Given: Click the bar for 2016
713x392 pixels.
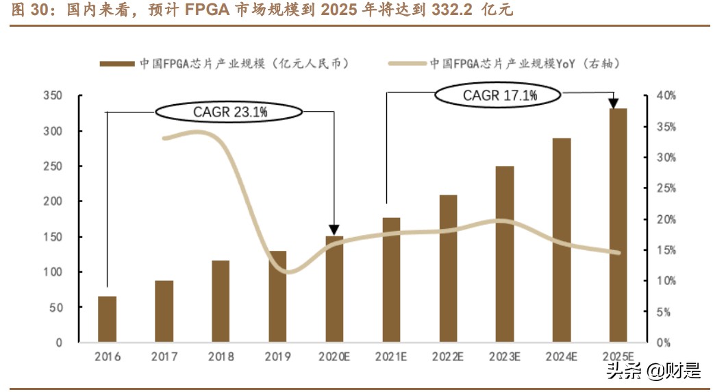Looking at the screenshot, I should pyautogui.click(x=108, y=319).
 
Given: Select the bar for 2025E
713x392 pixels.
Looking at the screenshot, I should pyautogui.click(x=618, y=225).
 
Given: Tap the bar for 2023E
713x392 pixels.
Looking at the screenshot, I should pyautogui.click(x=505, y=254).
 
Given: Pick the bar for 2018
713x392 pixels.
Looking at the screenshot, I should pyautogui.click(x=221, y=302).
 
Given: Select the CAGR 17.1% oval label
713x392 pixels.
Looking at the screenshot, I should pyautogui.click(x=499, y=96).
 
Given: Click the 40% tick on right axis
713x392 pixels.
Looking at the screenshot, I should pyautogui.click(x=664, y=96).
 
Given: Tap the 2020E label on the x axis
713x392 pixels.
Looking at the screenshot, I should pyautogui.click(x=335, y=357).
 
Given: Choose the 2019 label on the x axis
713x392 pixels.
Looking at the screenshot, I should pyautogui.click(x=277, y=357).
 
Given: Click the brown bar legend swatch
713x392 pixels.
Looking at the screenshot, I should pyautogui.click(x=116, y=64).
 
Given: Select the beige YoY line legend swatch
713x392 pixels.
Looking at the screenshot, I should pyautogui.click(x=407, y=64).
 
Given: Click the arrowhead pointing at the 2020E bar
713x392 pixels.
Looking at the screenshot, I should pyautogui.click(x=334, y=230).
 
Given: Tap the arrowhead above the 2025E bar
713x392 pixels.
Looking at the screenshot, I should pyautogui.click(x=614, y=103).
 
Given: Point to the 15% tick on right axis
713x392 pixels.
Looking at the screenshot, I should pyautogui.click(x=664, y=250).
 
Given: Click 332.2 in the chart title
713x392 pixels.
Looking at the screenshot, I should pyautogui.click(x=449, y=12).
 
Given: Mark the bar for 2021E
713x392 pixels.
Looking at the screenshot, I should pyautogui.click(x=391, y=280).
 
